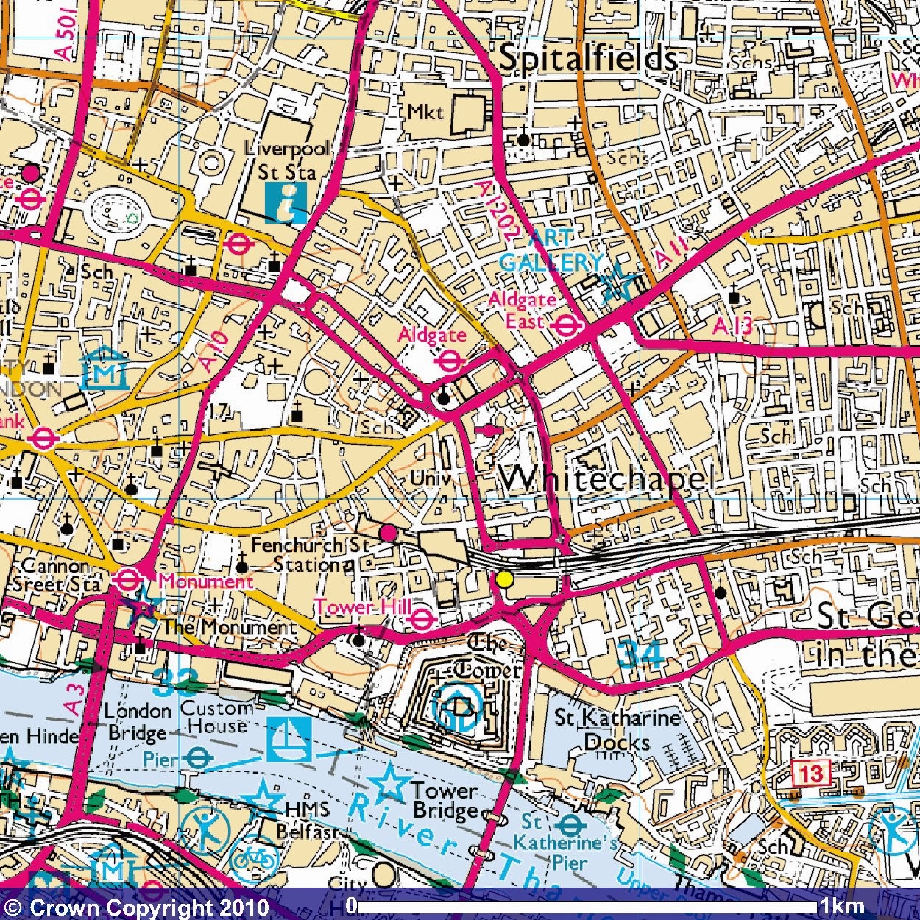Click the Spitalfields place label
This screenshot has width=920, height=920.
(587, 58)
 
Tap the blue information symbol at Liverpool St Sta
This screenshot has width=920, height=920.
(286, 202)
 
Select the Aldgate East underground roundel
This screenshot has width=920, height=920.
(565, 325)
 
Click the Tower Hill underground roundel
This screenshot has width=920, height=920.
(421, 619)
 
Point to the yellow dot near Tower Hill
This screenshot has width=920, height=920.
(504, 579)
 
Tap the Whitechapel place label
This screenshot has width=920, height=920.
(607, 479)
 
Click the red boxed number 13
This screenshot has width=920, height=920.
(812, 774)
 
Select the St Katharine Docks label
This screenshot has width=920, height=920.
(617, 729)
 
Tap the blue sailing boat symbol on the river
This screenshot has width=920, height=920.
(289, 738)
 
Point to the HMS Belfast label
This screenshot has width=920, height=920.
(308, 820)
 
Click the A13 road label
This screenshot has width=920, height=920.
(732, 326)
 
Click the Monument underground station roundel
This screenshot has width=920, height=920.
(127, 581)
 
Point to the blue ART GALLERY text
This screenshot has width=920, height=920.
(551, 250)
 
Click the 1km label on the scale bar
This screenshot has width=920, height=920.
(843, 905)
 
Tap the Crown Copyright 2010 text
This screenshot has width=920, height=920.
(136, 907)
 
